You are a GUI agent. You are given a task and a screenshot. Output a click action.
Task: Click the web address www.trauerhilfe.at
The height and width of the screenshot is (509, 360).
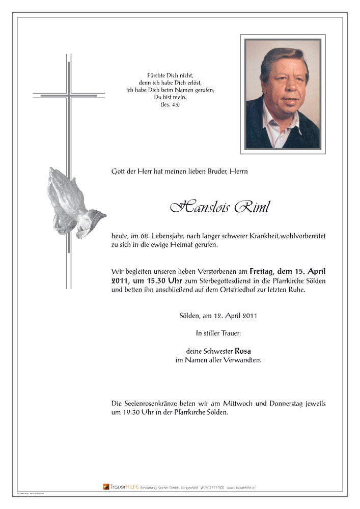tap(241, 488)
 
